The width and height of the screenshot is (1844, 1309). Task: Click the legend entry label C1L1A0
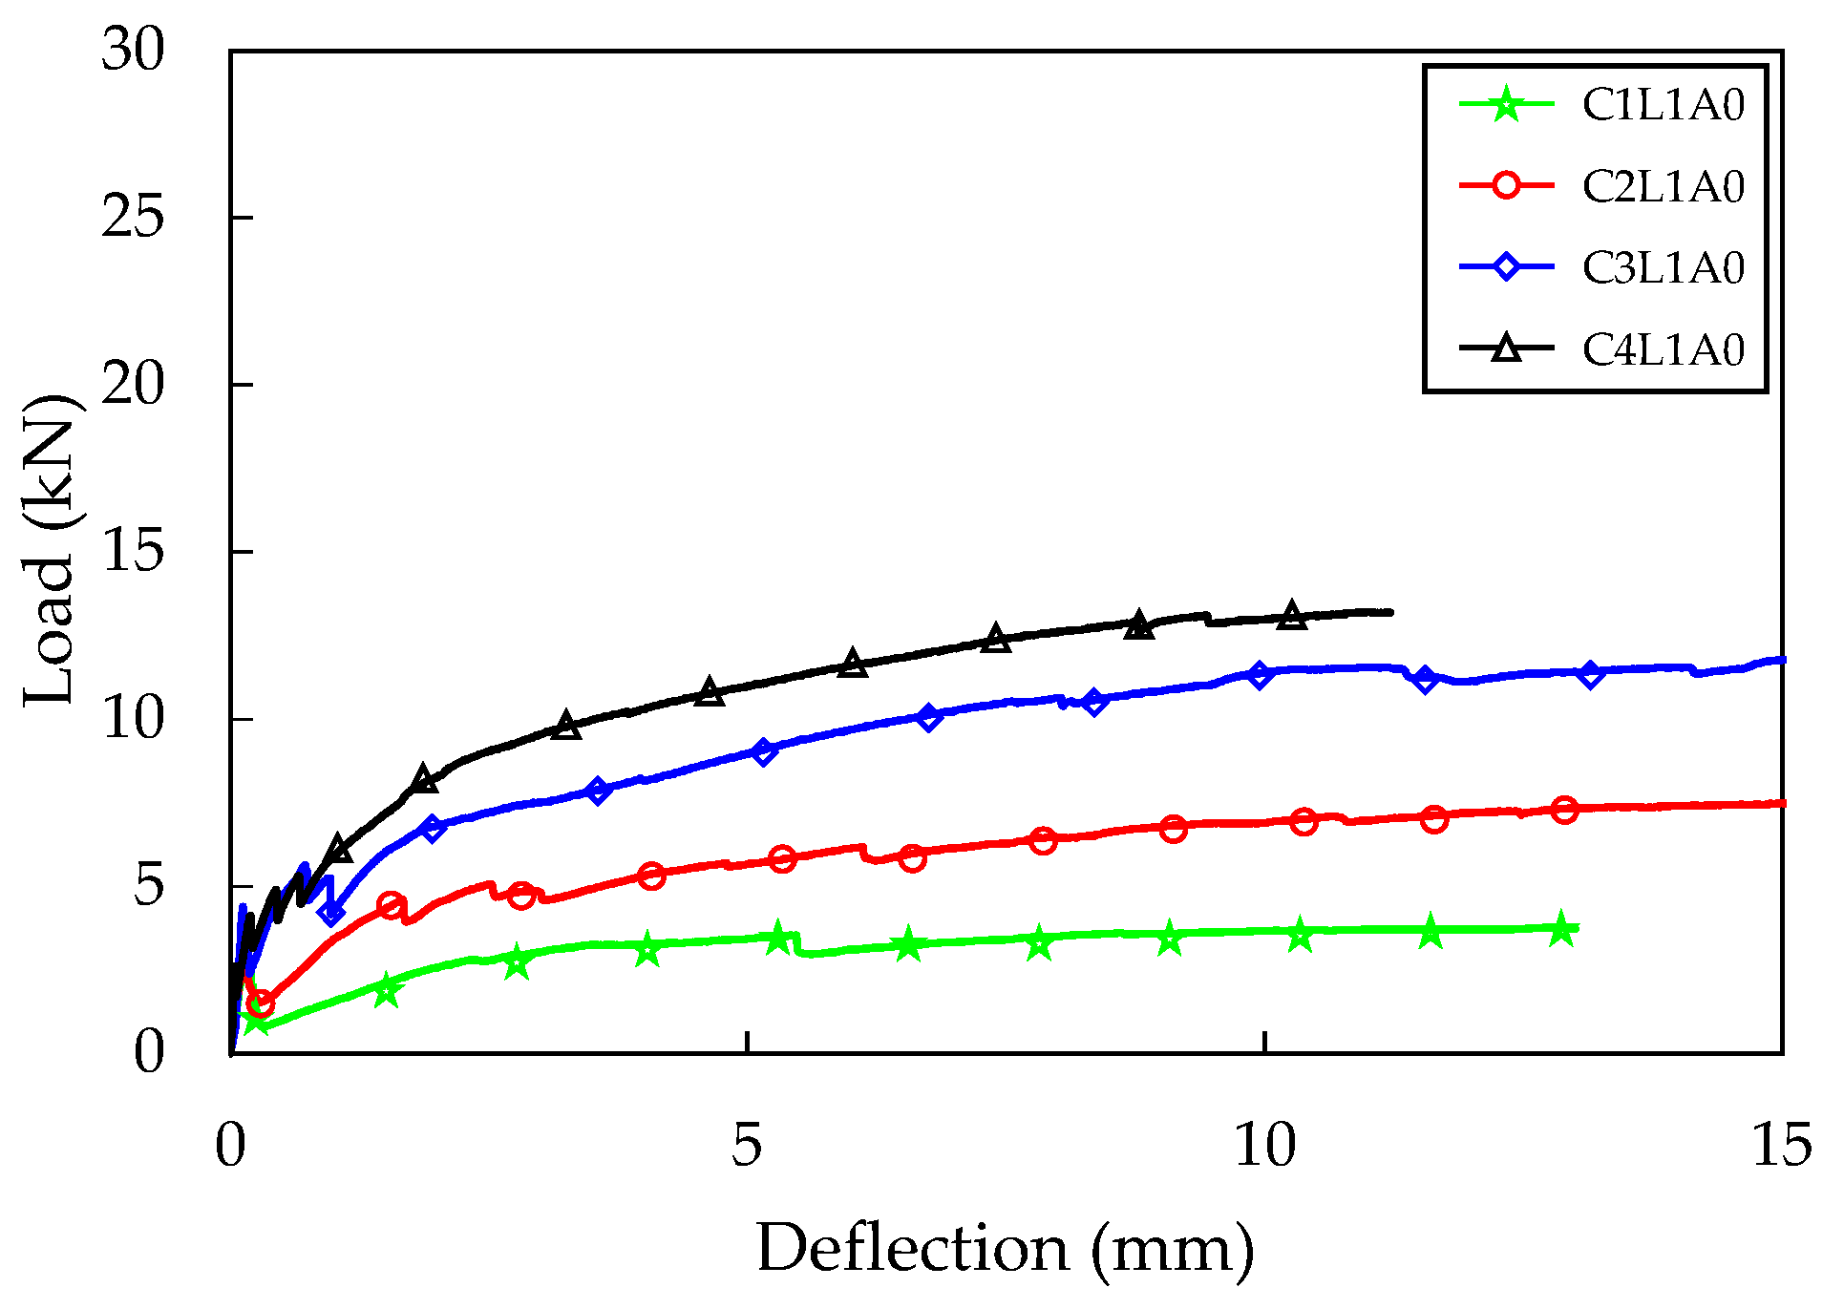[1663, 105]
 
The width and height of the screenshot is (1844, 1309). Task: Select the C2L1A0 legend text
[1663, 186]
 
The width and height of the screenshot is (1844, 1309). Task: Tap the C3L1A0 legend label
[1663, 267]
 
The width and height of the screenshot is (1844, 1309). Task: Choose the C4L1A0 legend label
[1663, 349]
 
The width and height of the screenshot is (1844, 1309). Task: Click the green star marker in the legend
[1506, 104]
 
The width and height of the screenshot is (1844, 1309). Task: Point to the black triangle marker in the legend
[1506, 348]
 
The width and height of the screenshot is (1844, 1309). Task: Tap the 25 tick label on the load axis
[133, 217]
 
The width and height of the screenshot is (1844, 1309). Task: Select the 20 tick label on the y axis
[133, 384]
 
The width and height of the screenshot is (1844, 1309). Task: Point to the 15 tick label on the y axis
[133, 551]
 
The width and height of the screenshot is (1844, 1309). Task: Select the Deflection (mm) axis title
[1005, 1248]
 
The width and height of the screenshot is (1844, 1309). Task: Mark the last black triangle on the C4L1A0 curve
[1292, 615]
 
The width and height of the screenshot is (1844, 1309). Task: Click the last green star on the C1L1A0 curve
[1560, 928]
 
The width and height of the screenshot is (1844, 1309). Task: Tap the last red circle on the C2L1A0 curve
[1564, 810]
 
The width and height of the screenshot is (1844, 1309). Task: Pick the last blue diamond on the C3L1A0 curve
[1590, 674]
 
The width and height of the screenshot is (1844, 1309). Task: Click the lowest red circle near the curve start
[260, 1003]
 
